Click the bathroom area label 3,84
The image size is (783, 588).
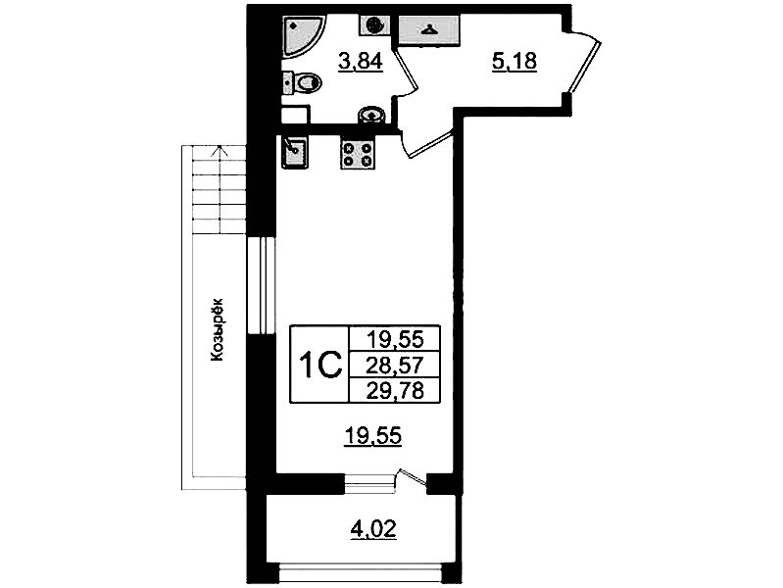pyautogui.click(x=360, y=62)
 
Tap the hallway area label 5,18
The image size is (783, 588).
pyautogui.click(x=514, y=62)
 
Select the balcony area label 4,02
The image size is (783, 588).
pyautogui.click(x=373, y=528)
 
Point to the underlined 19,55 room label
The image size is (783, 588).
pyautogui.click(x=372, y=436)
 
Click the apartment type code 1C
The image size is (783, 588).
pyautogui.click(x=319, y=365)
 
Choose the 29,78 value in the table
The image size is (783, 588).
pyautogui.click(x=395, y=391)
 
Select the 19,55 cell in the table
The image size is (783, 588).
pyautogui.click(x=395, y=340)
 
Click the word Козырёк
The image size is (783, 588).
pyautogui.click(x=218, y=329)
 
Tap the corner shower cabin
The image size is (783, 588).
pyautogui.click(x=301, y=35)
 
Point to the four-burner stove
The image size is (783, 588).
pyautogui.click(x=358, y=153)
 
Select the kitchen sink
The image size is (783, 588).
pyautogui.click(x=295, y=152)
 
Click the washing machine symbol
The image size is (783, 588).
pyautogui.click(x=374, y=24)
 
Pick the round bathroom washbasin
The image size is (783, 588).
pyautogui.click(x=372, y=115)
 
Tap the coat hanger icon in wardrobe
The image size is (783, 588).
pyautogui.click(x=428, y=30)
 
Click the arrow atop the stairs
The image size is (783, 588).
pyautogui.click(x=219, y=150)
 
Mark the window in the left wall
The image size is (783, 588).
pyautogui.click(x=262, y=285)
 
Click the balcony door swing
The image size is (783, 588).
pyautogui.click(x=411, y=477)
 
